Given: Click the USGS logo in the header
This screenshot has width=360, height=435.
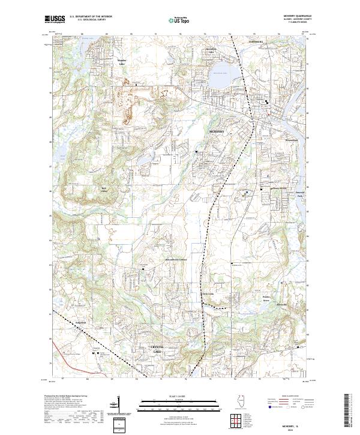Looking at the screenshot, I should point(55,19).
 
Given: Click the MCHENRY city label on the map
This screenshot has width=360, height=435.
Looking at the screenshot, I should point(217,130).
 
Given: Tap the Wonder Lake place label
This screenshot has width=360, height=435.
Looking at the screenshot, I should point(122,61).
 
